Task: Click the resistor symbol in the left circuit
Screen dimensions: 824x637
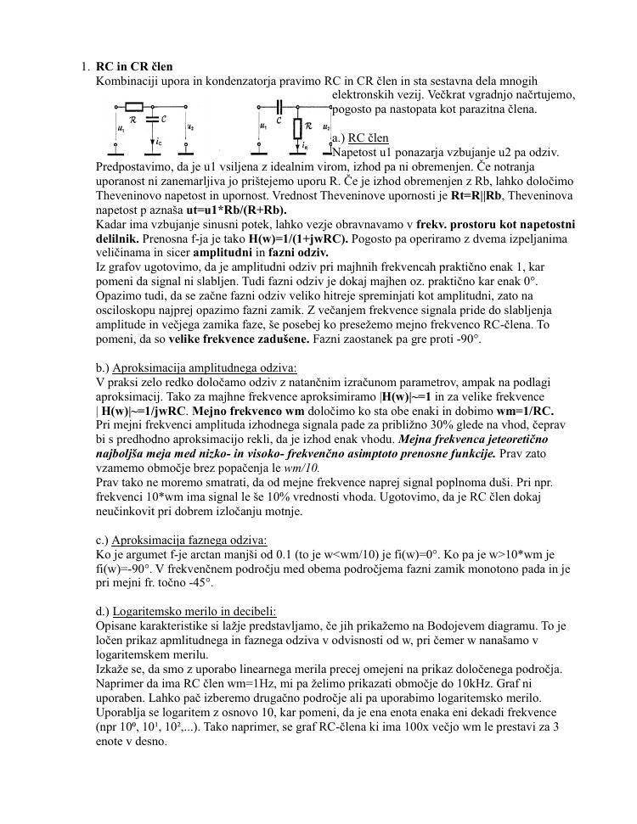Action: pos(134,106)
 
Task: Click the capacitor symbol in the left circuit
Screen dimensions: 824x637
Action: pos(151,120)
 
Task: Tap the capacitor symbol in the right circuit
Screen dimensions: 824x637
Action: pos(279,106)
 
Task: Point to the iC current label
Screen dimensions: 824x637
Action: pos(159,143)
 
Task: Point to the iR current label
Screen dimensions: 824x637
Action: pos(305,144)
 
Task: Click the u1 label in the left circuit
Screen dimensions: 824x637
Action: pos(121,129)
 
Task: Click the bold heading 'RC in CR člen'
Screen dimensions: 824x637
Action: pos(134,66)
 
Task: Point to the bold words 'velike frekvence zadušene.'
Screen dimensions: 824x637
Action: pos(239,339)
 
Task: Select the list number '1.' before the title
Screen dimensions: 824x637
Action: pos(86,66)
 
